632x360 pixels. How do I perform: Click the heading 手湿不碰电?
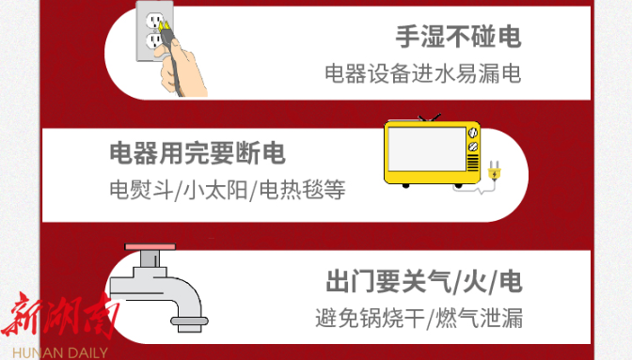point(458,37)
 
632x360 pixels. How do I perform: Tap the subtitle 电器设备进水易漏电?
point(423,73)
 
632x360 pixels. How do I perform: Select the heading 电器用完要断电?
point(197,153)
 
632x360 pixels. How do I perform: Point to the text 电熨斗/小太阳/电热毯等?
point(228,190)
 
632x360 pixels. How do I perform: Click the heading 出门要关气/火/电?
point(424,281)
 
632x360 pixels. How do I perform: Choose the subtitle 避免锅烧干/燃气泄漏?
point(419,318)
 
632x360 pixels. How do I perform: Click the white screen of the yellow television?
point(427,149)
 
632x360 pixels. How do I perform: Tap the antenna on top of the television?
point(430,117)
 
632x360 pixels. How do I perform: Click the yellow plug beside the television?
point(494,171)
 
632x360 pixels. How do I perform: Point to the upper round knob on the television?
point(473,133)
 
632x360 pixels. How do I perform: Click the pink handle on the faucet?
point(150,246)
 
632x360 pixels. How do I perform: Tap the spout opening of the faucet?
point(189,321)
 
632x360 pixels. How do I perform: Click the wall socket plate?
point(154,31)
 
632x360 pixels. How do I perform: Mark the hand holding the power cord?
point(182,69)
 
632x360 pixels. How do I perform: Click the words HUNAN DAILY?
point(60,352)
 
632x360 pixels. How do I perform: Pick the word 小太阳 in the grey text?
point(215,190)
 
